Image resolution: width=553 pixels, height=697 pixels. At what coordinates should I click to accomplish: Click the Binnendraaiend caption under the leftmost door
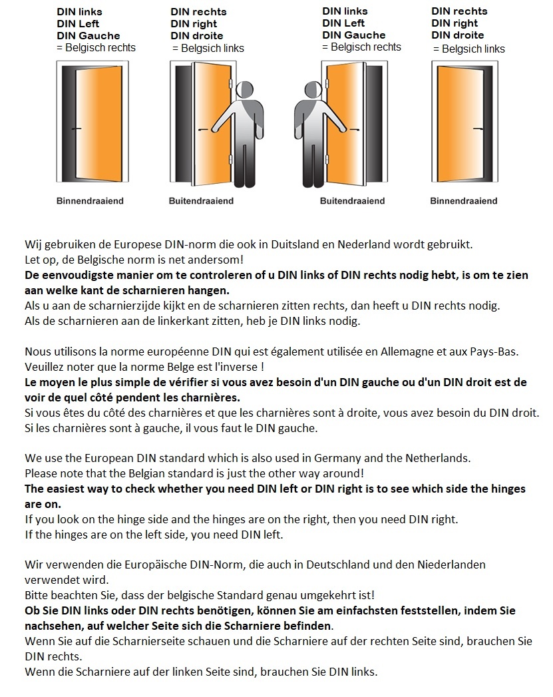pyautogui.click(x=90, y=201)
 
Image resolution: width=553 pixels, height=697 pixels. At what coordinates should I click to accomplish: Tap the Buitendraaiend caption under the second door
pyautogui.click(x=201, y=201)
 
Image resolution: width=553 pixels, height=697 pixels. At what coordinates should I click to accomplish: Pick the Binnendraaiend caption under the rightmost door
pyautogui.click(x=463, y=201)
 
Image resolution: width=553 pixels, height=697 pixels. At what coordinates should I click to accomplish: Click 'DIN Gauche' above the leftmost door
pyautogui.click(x=89, y=36)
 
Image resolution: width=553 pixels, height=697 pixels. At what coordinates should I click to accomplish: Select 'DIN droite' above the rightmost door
pyautogui.click(x=458, y=35)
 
